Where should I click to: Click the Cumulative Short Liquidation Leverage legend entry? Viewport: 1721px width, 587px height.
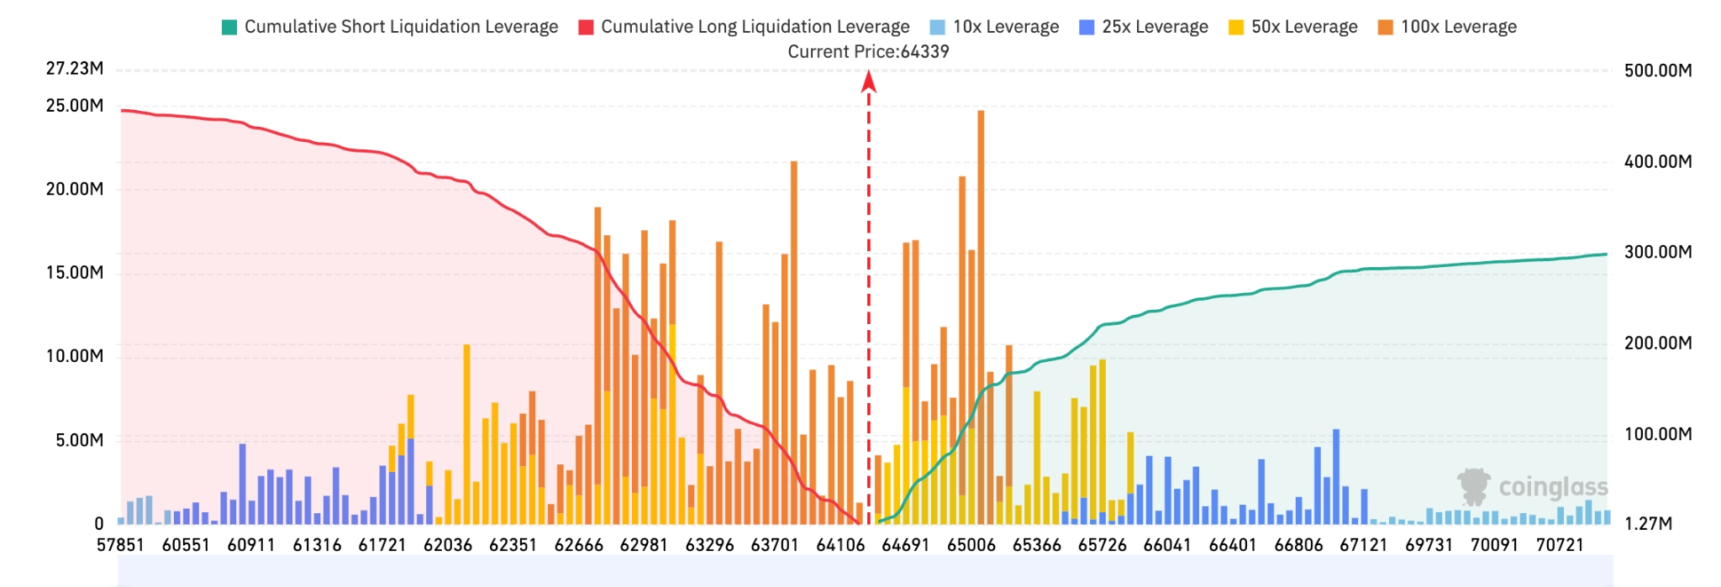pos(390,27)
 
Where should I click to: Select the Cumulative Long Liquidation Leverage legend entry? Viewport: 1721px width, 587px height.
pos(744,27)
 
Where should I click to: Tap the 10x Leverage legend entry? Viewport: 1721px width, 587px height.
pos(995,27)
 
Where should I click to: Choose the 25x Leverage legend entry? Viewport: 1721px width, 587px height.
pos(1144,27)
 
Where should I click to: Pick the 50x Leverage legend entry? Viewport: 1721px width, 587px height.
pos(1293,27)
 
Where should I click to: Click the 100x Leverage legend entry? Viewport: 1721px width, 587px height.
pos(1447,27)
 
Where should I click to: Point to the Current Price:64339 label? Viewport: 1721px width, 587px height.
pos(868,51)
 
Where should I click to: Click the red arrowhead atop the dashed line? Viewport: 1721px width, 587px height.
pos(869,81)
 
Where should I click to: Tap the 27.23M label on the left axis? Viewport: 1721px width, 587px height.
pos(75,69)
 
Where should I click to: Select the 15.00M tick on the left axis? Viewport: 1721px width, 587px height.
pos(75,273)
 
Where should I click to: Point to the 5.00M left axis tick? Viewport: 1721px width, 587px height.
pos(80,440)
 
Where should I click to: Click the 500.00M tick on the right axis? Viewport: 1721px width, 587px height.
pos(1658,71)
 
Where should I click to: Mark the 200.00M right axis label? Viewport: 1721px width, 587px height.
pos(1658,343)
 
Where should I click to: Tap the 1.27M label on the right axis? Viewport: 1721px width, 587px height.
pos(1648,524)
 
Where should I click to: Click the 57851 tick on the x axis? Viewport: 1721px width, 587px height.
pos(120,545)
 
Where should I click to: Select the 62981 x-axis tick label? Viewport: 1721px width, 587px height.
pos(644,545)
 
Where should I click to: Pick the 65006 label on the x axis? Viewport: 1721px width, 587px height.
pos(971,545)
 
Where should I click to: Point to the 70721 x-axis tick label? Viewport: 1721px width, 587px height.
pos(1560,545)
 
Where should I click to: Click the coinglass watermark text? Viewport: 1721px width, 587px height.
pos(1553,487)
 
